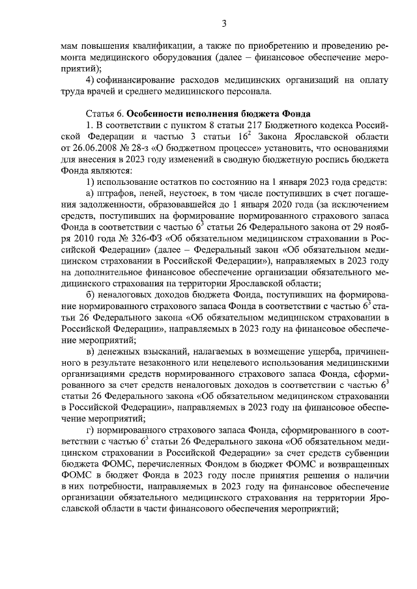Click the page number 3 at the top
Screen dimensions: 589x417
223,24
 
